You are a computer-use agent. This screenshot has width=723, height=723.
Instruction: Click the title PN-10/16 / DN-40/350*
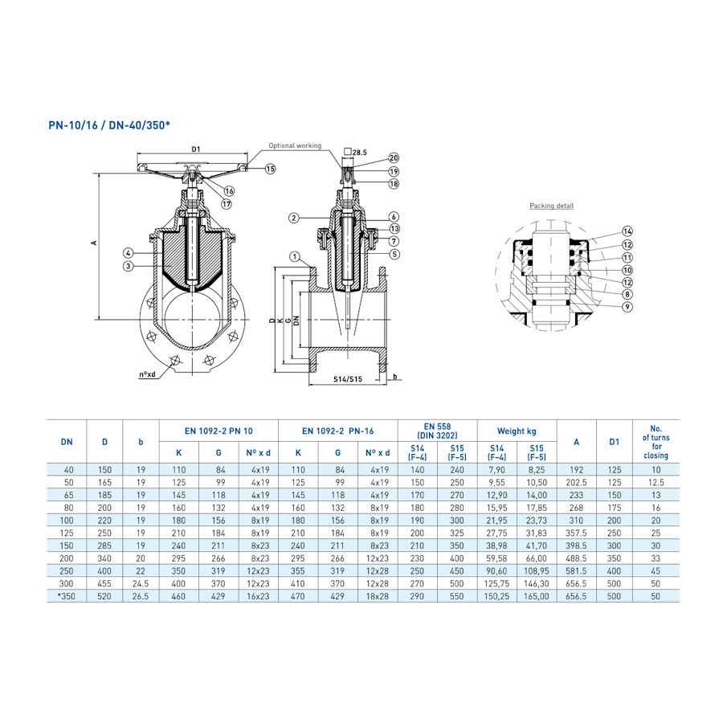tap(109, 126)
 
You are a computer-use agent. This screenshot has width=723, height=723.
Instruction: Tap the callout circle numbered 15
tap(270, 169)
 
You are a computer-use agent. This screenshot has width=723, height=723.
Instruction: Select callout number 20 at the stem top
tap(394, 157)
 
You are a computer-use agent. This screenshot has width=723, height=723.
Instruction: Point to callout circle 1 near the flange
tap(295, 257)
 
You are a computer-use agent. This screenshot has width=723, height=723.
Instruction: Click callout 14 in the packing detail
tap(627, 231)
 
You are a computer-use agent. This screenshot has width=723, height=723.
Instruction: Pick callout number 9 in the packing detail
tap(627, 307)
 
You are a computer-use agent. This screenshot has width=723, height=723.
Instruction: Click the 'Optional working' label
tap(295, 145)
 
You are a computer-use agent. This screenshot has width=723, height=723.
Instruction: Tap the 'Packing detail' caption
tap(551, 206)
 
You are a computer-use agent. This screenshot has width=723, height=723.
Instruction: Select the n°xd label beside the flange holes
tap(147, 374)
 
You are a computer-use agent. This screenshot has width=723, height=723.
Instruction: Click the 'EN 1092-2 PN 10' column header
tap(219, 431)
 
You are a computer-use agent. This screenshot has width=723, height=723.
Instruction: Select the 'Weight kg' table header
tap(517, 431)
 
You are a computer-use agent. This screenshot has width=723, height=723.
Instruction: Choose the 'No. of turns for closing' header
tap(656, 442)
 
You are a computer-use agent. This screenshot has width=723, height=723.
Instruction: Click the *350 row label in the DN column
tap(67, 597)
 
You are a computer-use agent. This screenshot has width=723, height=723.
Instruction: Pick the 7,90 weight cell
tap(496, 469)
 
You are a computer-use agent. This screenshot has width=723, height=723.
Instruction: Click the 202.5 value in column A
tap(576, 483)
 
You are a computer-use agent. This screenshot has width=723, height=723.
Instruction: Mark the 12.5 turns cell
tap(656, 483)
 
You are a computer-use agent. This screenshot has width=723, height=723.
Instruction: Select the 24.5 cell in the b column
tap(141, 583)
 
